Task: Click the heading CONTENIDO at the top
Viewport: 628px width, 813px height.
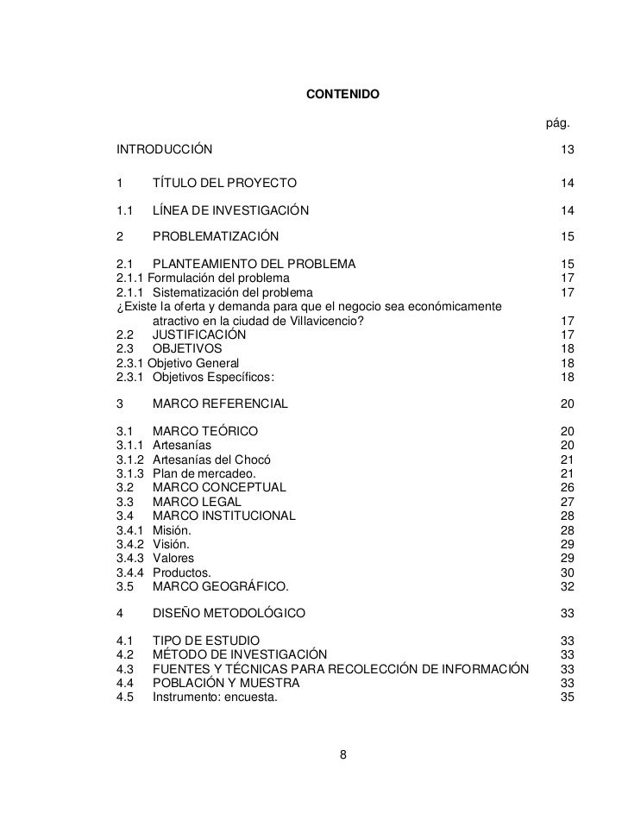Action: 342,93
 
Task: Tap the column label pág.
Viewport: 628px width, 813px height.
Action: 556,126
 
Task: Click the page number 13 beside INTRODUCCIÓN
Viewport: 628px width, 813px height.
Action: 567,151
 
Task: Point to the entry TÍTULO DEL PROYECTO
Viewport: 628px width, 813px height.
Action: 224,183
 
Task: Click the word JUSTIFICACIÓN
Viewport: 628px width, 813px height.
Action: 198,335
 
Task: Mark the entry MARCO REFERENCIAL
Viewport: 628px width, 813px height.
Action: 220,403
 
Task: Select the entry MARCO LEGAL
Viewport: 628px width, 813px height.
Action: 197,502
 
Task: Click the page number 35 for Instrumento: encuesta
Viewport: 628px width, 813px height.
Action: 567,697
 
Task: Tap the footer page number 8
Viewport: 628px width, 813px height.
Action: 343,756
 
